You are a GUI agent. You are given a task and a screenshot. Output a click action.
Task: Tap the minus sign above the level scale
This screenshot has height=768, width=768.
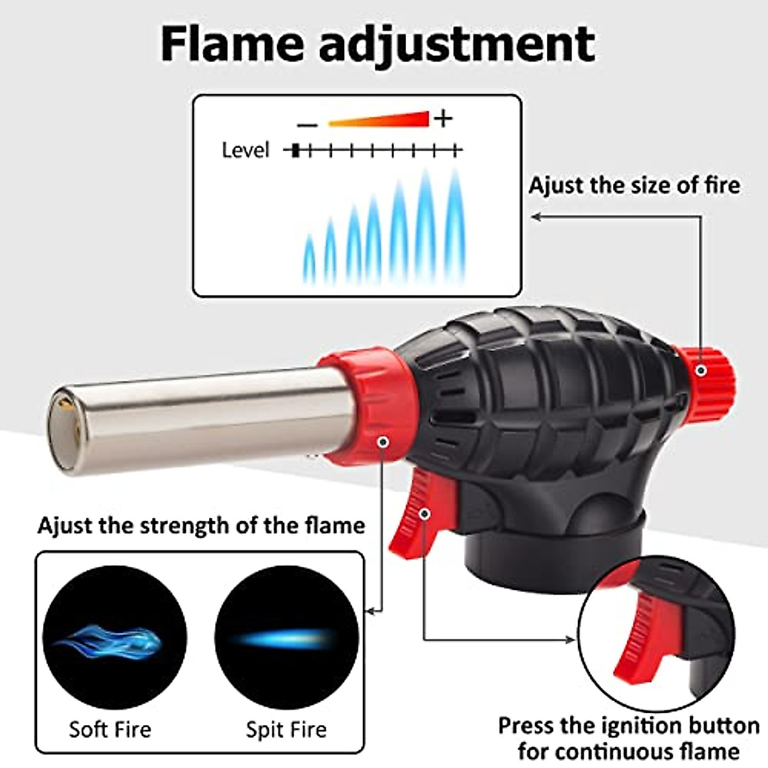tap(308, 124)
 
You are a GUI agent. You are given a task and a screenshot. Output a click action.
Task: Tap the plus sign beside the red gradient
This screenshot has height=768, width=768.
tap(443, 118)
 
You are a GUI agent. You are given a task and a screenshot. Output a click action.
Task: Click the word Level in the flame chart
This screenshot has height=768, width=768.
tap(246, 150)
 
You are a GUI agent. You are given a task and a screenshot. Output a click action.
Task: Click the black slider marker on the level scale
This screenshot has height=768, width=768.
tap(295, 151)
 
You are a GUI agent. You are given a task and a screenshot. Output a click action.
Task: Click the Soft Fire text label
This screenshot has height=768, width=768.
tap(110, 730)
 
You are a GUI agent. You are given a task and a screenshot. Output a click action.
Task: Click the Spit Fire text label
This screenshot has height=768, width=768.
tap(286, 730)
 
